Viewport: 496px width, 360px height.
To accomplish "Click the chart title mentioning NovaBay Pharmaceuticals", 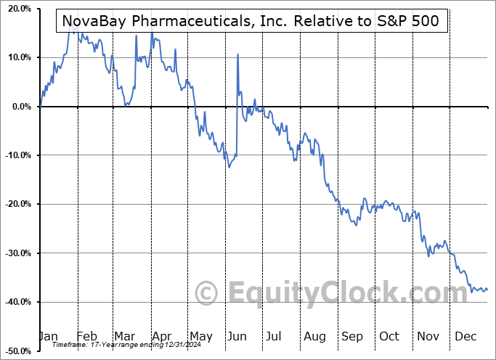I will (251, 21).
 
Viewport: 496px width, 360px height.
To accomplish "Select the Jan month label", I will (48, 336).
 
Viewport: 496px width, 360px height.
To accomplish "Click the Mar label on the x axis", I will (123, 336).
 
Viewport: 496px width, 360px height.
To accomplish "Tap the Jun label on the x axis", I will (237, 336).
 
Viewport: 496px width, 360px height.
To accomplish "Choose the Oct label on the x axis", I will (389, 336).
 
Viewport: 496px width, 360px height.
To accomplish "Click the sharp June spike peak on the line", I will (237, 54).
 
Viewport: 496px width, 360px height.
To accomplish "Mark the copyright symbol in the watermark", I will (208, 294).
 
